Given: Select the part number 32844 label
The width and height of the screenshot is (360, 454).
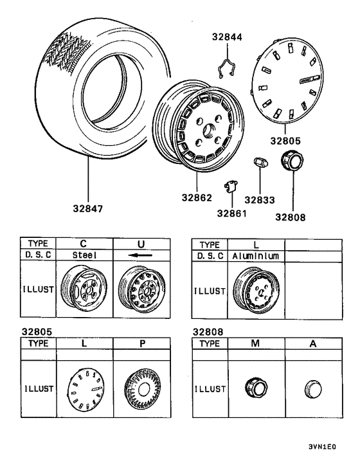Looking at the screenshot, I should point(228,38).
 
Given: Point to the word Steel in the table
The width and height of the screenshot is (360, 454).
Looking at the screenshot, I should point(84,255).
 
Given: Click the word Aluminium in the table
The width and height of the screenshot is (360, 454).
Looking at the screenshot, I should point(255,255).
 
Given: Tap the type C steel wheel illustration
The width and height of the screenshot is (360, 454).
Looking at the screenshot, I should point(84,289).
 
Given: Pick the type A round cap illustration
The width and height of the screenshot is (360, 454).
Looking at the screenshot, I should point(312,388).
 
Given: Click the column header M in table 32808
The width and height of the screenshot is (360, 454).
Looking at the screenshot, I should point(256,343).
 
